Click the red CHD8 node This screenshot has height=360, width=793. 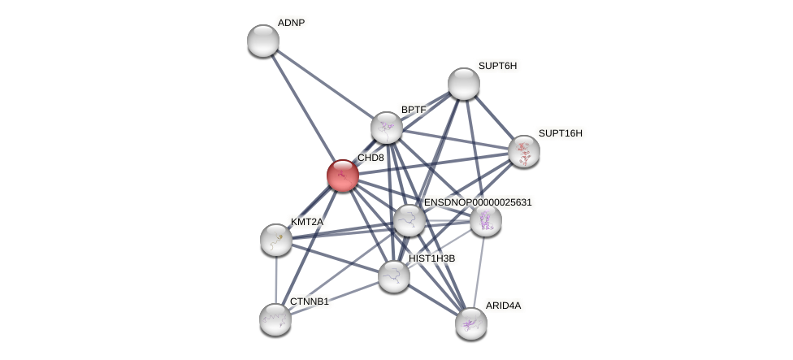pyautogui.click(x=342, y=175)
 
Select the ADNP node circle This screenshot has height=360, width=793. pyautogui.click(x=262, y=41)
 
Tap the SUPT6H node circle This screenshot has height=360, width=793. pyautogui.click(x=463, y=84)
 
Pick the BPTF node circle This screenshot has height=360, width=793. pyautogui.click(x=386, y=128)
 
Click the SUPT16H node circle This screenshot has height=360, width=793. pyautogui.click(x=523, y=151)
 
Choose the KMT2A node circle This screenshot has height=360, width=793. pyautogui.click(x=276, y=239)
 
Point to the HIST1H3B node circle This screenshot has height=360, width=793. pyautogui.click(x=394, y=276)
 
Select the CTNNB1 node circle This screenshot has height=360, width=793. pyautogui.click(x=275, y=319)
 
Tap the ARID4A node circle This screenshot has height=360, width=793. pyautogui.click(x=470, y=323)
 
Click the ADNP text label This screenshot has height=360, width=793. pyautogui.click(x=291, y=23)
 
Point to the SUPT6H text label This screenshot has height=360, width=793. pyautogui.click(x=496, y=66)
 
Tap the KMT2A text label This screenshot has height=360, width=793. pyautogui.click(x=307, y=222)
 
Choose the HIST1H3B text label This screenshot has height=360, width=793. pyautogui.click(x=431, y=258)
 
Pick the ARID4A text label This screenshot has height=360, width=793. pyautogui.click(x=503, y=306)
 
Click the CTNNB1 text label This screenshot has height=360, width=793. pyautogui.click(x=309, y=301)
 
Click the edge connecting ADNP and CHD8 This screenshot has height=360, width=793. pyautogui.click(x=302, y=107)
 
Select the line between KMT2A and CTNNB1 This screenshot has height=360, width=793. pyautogui.click(x=276, y=279)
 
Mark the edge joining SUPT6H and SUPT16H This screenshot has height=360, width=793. pyautogui.click(x=493, y=117)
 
